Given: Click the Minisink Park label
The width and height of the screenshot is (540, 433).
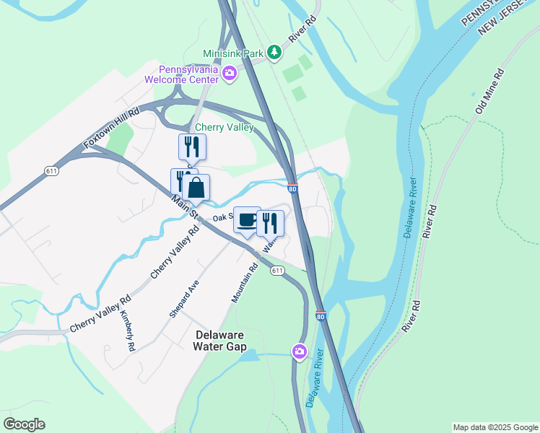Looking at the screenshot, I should pos(233,53).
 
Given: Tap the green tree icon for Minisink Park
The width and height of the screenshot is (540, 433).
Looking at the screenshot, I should pos(274,52).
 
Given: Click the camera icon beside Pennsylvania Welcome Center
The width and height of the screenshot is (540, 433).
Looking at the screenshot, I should pos(230,73).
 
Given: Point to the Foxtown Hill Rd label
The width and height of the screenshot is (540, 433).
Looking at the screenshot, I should pos(110,130).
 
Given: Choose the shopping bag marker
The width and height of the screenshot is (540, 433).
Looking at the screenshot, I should pos(196,188).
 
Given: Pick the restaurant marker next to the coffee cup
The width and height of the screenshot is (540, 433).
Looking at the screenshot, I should pos(270,223).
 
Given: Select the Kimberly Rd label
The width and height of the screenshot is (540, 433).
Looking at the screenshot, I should pos(128,331).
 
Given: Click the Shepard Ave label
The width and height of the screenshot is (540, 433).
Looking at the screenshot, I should pos(183,299).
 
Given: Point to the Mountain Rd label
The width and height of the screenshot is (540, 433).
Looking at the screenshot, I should pos(245,284).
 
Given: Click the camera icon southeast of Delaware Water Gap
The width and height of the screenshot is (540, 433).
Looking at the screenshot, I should pos(299,351).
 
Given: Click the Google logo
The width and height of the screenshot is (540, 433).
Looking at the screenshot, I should pos(24,424).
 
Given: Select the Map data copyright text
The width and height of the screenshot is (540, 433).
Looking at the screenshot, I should pos(495,427).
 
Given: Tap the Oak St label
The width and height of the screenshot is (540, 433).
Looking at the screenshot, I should pos(221,217).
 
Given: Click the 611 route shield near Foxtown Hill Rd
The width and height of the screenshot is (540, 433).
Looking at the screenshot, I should pos(51,171).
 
